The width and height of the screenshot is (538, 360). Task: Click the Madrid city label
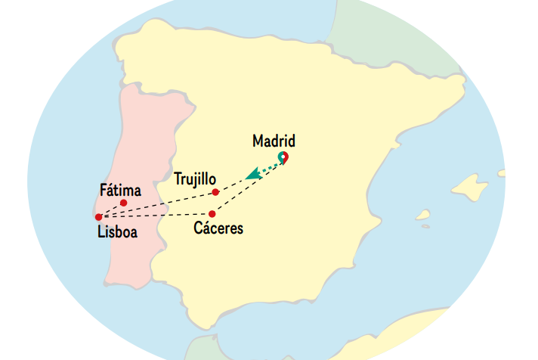[x=273, y=141]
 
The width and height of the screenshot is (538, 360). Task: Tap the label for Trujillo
[x=195, y=179]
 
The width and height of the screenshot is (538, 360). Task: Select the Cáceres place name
[x=218, y=228]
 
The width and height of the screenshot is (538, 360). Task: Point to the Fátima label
[x=120, y=190]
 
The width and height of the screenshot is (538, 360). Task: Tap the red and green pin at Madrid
[x=283, y=157]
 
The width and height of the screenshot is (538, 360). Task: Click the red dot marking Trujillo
[x=216, y=192]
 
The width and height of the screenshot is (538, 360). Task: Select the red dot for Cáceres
[x=212, y=214]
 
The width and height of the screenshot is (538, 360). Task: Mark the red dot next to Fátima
[x=123, y=203]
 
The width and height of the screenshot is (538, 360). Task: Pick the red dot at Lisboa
[x=99, y=217]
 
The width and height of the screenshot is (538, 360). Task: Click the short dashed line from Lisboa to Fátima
[x=111, y=209]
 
